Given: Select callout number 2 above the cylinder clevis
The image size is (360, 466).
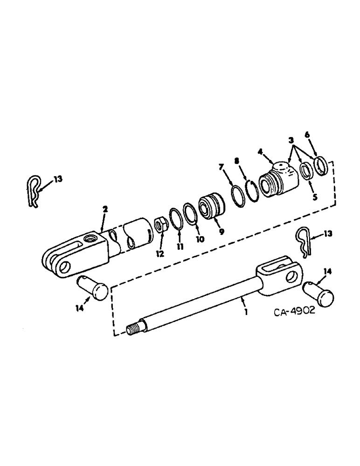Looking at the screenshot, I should (x=105, y=209).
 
